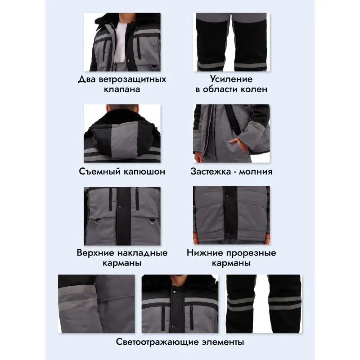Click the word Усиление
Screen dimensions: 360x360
(x=231, y=79)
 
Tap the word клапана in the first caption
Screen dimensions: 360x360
(x=122, y=89)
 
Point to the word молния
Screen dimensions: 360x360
(x=256, y=172)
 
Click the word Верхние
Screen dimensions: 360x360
(x=95, y=253)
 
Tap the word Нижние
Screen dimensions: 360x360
(x=205, y=253)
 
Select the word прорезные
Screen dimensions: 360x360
(x=251, y=253)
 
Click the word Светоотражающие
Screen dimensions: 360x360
(x=157, y=342)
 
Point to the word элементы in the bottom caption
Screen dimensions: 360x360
(x=223, y=342)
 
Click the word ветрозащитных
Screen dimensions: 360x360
(x=132, y=80)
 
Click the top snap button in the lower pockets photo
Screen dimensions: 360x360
(x=227, y=197)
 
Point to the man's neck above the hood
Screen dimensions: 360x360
(x=121, y=111)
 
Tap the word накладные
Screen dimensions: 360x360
(x=143, y=253)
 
